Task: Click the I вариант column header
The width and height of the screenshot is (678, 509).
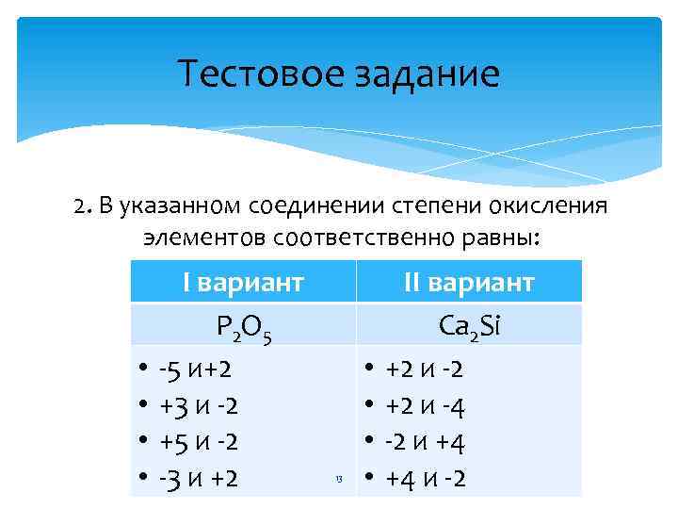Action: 243,283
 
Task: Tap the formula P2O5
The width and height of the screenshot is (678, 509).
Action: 243,327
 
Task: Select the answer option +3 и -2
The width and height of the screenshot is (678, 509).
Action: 199,405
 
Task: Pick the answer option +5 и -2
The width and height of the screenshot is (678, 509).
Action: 199,442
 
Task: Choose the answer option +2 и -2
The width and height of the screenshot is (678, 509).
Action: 425,369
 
